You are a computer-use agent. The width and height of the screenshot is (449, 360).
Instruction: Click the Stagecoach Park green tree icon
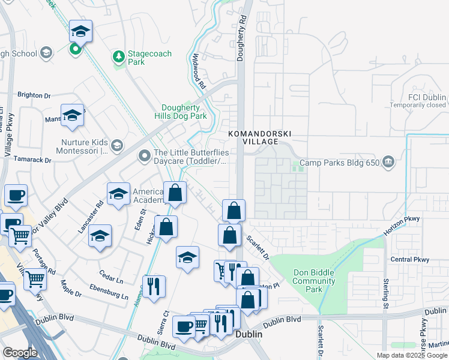click(119, 58)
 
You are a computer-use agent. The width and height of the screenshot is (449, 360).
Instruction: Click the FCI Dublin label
click(427, 97)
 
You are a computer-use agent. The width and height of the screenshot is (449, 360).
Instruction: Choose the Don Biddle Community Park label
click(313, 281)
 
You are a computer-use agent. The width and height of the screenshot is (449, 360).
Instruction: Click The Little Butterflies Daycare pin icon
click(144, 157)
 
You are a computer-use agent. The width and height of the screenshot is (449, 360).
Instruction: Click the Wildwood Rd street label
click(199, 70)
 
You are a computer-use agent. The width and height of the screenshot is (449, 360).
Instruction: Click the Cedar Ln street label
click(111, 280)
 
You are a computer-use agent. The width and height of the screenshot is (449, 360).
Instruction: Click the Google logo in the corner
click(20, 353)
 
